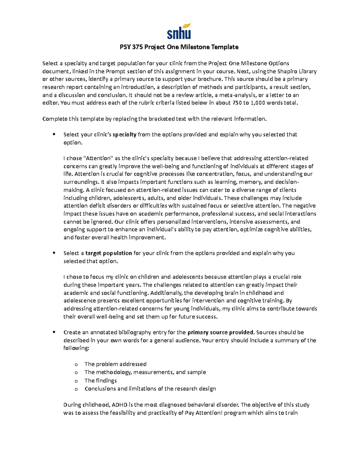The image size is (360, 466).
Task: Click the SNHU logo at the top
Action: (x=179, y=31)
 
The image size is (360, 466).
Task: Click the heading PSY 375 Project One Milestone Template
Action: (x=179, y=47)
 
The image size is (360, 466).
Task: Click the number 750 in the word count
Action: (x=236, y=103)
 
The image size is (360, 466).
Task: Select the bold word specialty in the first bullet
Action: (x=124, y=135)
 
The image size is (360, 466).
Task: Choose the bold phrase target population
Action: (x=109, y=253)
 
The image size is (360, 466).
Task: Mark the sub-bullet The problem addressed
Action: (x=115, y=364)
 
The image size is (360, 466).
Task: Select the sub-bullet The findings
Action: (x=100, y=381)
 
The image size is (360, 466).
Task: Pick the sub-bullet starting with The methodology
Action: (x=145, y=372)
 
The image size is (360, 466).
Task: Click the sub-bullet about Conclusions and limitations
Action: (x=150, y=389)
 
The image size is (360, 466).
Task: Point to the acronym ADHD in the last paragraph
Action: (x=120, y=405)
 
